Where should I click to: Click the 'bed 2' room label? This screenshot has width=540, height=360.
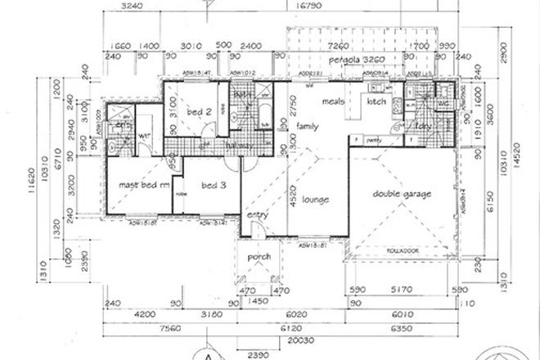pyautogui.click(x=200, y=111)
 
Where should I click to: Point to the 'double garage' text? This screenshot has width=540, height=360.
pyautogui.click(x=402, y=193)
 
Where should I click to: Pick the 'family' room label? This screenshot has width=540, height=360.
pyautogui.click(x=308, y=127)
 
